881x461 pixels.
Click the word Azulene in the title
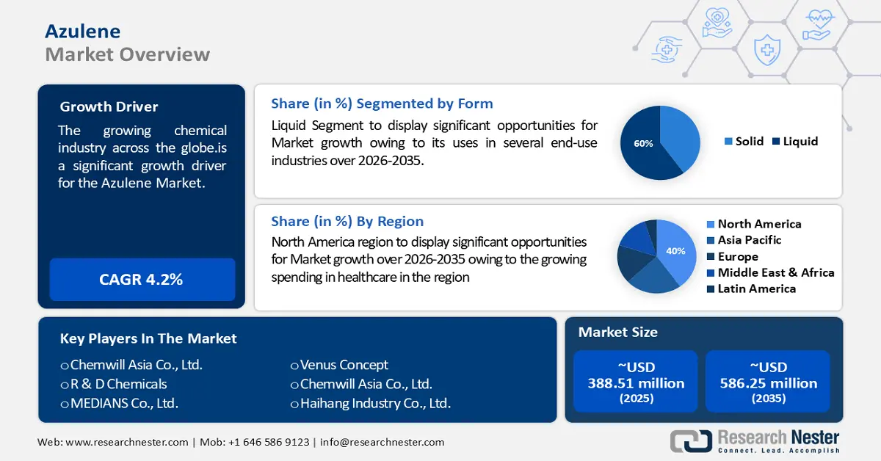click(82, 32)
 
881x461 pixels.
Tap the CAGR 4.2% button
click(142, 279)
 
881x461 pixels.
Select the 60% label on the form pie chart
click(643, 144)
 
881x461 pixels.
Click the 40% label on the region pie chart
click(675, 251)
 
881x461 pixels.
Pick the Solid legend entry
click(744, 141)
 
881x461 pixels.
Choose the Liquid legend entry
click(795, 141)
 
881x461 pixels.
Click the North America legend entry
click(754, 224)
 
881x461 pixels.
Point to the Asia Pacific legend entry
click(744, 240)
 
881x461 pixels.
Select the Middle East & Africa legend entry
click(770, 272)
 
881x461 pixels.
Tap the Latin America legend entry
click(751, 288)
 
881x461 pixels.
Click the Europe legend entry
click(733, 256)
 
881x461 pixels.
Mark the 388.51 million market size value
click(636, 383)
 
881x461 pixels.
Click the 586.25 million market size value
click(769, 383)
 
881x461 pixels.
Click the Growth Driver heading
click(109, 106)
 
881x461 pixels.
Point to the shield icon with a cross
click(767, 50)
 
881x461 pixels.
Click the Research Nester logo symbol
click(691, 441)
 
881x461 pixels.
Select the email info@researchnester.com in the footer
click(382, 442)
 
